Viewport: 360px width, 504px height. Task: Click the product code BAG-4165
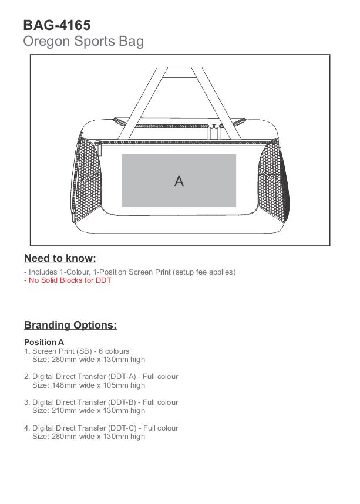[x=57, y=25]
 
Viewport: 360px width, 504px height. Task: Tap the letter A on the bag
[x=179, y=181]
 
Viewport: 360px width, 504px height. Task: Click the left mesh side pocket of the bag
[x=88, y=182]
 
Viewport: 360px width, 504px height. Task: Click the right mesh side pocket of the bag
[x=271, y=182]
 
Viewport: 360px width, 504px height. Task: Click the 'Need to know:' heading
[x=60, y=258]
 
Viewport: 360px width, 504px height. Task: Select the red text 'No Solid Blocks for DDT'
[x=69, y=280]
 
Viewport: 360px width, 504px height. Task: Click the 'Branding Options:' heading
[x=70, y=325]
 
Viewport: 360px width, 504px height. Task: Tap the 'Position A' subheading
[x=44, y=342]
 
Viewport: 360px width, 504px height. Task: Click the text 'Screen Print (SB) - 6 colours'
[x=81, y=351]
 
